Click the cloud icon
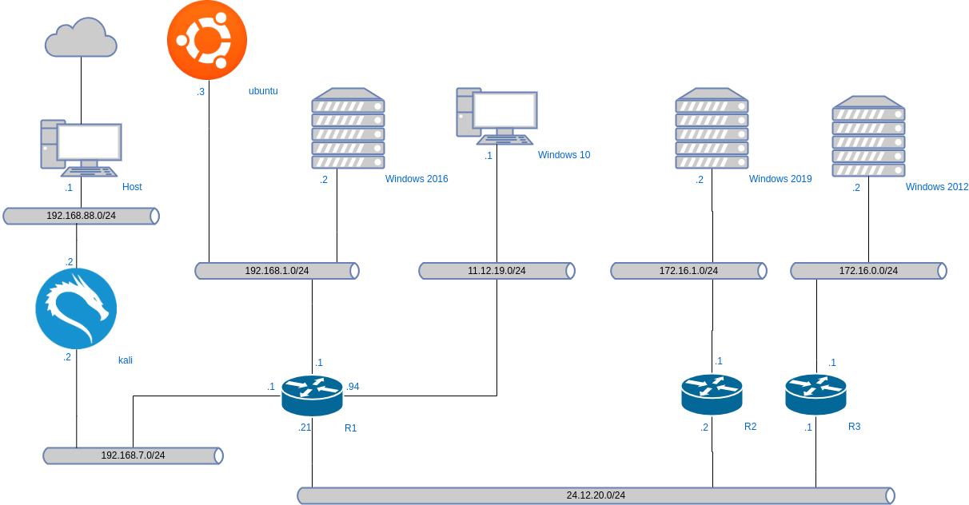tap(81, 38)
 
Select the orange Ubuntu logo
tap(206, 39)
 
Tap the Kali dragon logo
tap(76, 308)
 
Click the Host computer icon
tap(81, 148)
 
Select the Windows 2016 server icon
tap(348, 129)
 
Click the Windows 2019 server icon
tap(712, 129)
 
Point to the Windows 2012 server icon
tap(868, 137)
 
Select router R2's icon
tap(712, 394)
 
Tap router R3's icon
tap(815, 394)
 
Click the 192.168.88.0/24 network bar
tap(81, 216)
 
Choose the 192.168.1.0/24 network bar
tap(277, 271)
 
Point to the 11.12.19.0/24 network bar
tap(496, 271)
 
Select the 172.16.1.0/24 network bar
tap(688, 271)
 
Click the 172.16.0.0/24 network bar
tap(868, 271)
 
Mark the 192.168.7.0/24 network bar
tap(133, 455)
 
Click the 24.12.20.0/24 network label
tap(596, 495)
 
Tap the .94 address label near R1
tap(353, 387)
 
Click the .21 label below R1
tap(304, 427)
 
